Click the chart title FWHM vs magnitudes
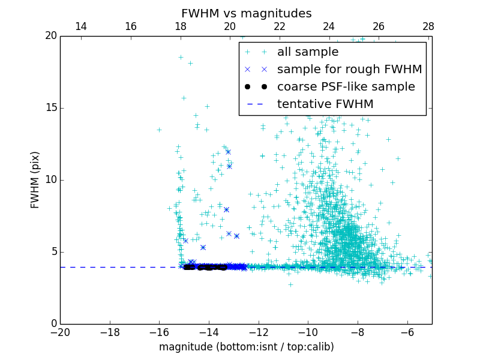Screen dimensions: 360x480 coord(246,13)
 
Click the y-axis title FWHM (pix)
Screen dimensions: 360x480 coord(35,180)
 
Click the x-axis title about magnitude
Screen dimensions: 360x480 coord(246,347)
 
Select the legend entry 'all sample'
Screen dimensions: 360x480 coord(308,52)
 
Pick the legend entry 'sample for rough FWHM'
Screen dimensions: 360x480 coord(349,70)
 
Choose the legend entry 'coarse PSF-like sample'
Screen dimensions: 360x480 coord(346,87)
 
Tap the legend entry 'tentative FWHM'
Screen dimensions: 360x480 coord(325,104)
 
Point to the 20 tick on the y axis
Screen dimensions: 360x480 coord(50,36)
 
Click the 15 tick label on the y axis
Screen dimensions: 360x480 coord(50,108)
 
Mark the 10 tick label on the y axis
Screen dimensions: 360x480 coord(50,180)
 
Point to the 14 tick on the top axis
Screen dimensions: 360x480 coord(81,26)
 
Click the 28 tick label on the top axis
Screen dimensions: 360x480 coord(428,26)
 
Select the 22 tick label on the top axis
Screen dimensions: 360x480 coord(280,26)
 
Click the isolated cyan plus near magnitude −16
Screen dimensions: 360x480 coord(160,130)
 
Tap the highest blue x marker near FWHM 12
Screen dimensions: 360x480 coord(228,152)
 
